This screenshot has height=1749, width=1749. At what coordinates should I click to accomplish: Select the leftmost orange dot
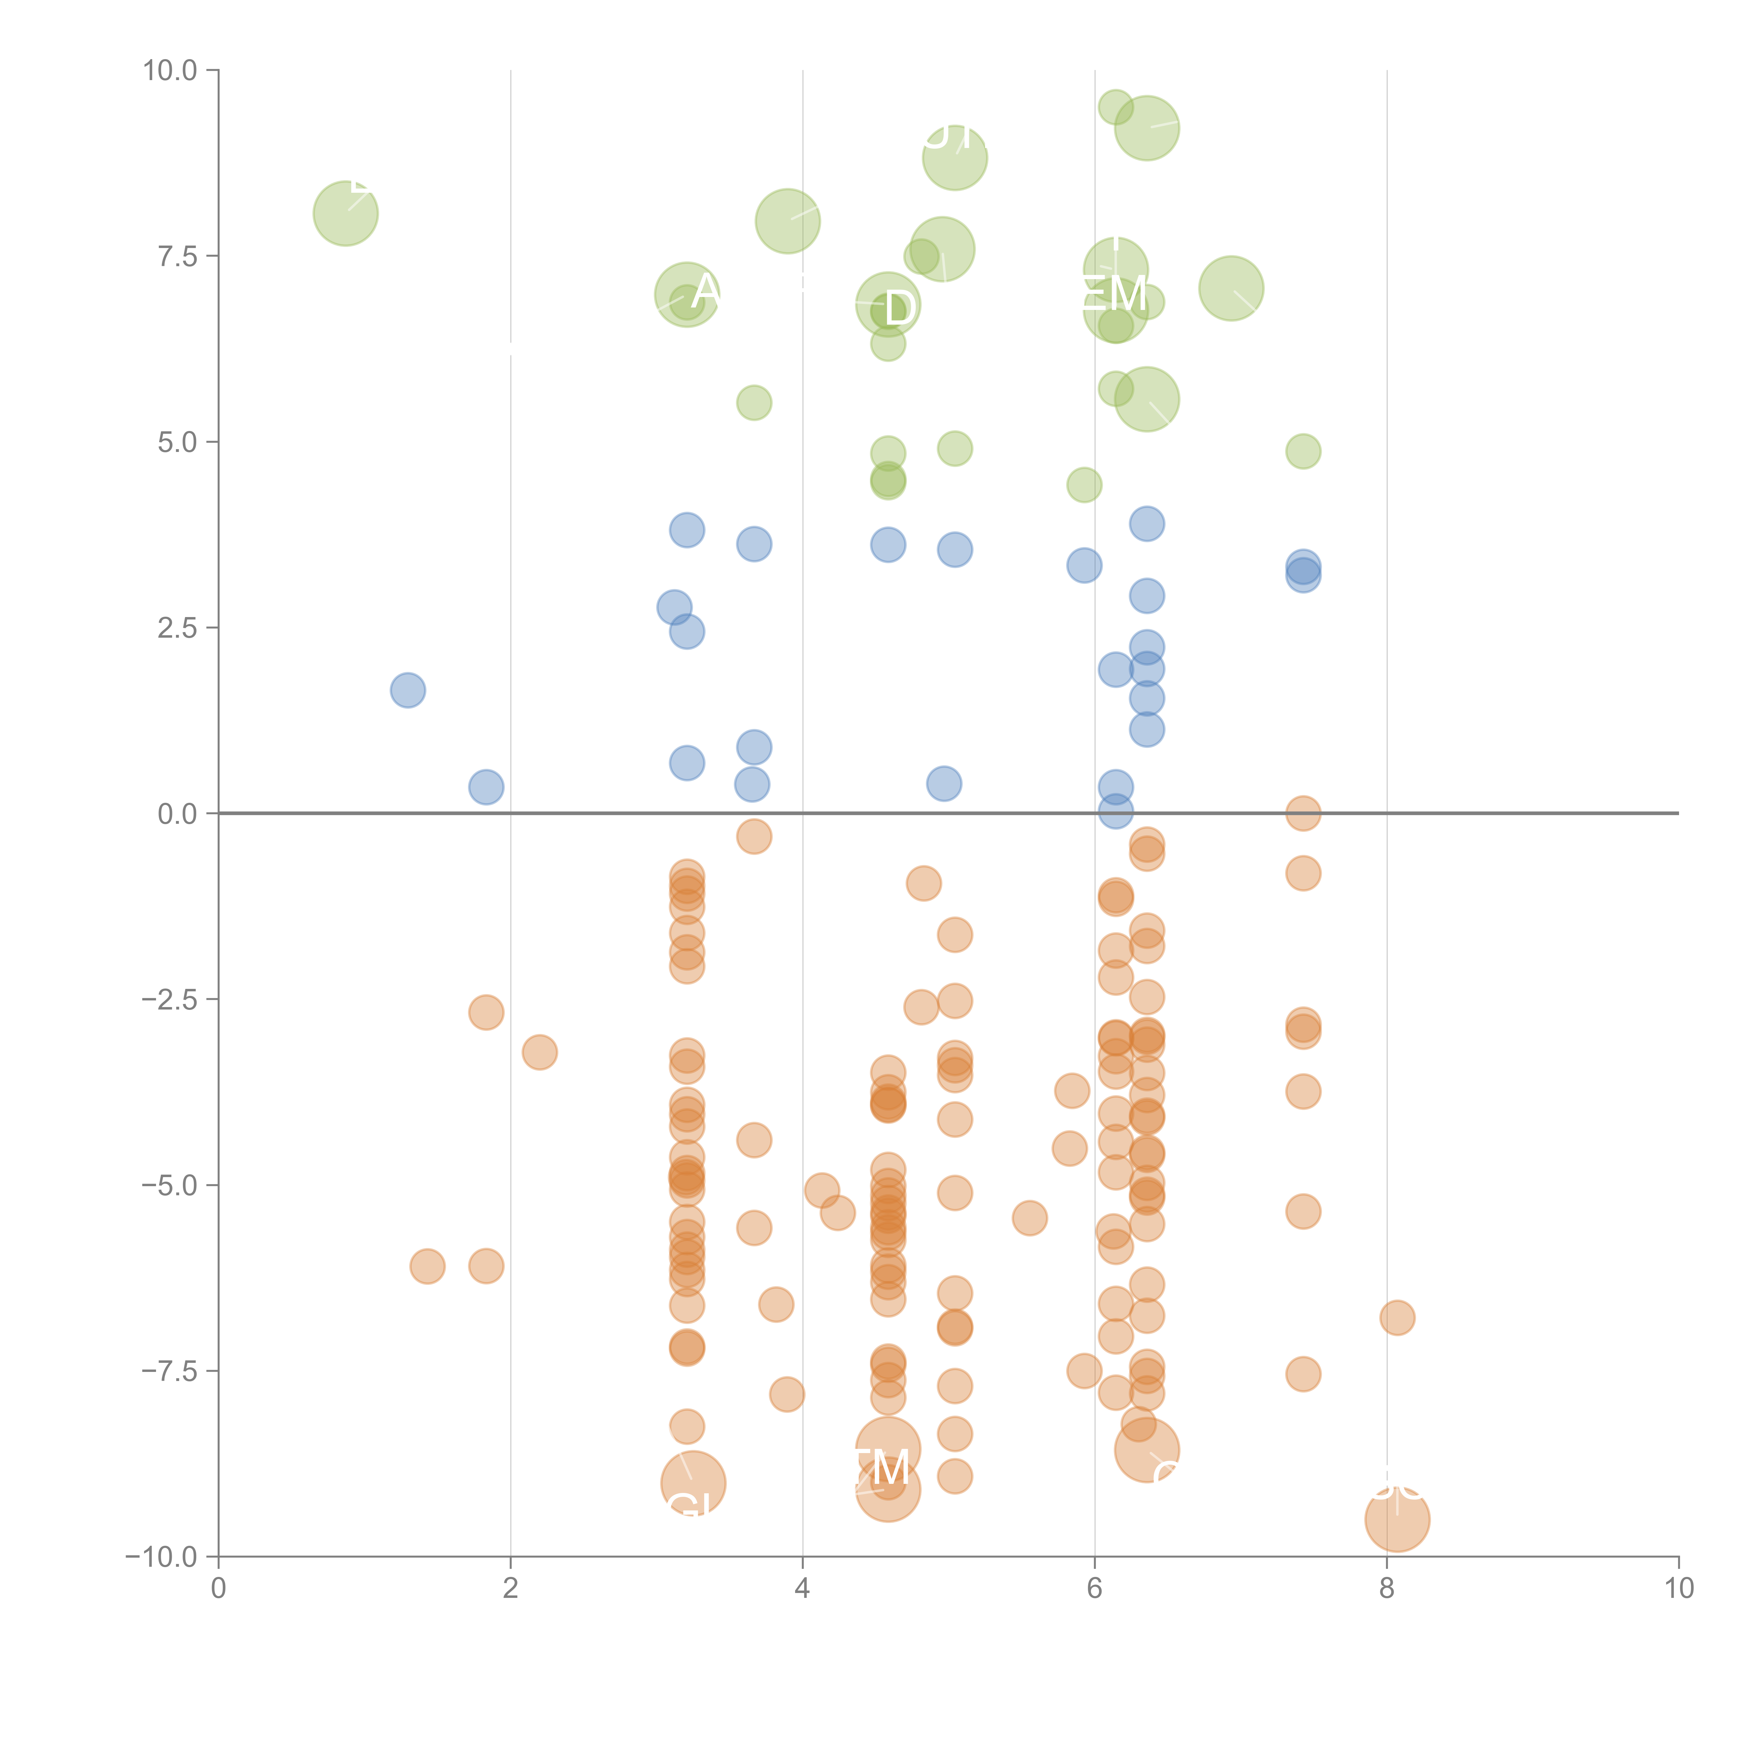click(x=427, y=1266)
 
